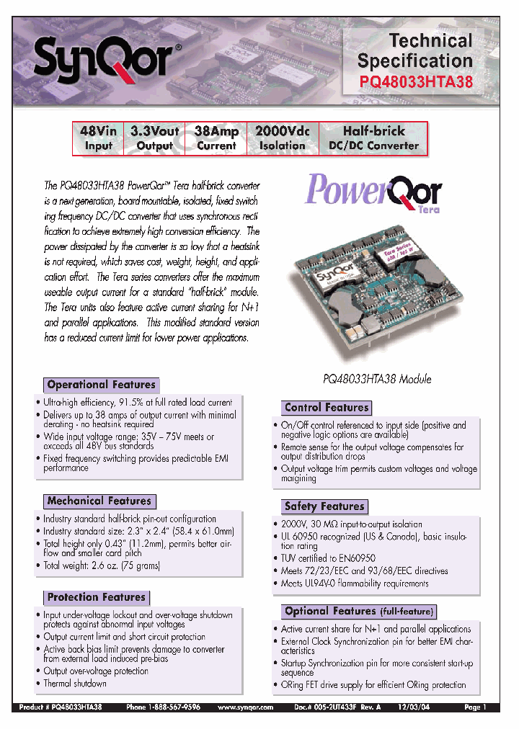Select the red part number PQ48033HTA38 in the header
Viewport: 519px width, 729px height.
(x=416, y=82)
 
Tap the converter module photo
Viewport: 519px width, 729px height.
(x=375, y=288)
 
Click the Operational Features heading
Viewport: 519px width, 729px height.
(x=101, y=385)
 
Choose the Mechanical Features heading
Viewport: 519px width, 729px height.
(x=99, y=501)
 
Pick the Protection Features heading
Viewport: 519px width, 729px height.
(x=96, y=597)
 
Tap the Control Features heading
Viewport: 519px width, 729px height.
(x=326, y=407)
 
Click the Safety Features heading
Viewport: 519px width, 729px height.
(x=324, y=506)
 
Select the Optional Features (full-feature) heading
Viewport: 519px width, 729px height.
(x=359, y=612)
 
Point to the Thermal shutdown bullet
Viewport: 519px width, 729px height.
(x=74, y=684)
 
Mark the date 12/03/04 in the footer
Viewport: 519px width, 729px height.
(x=420, y=708)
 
